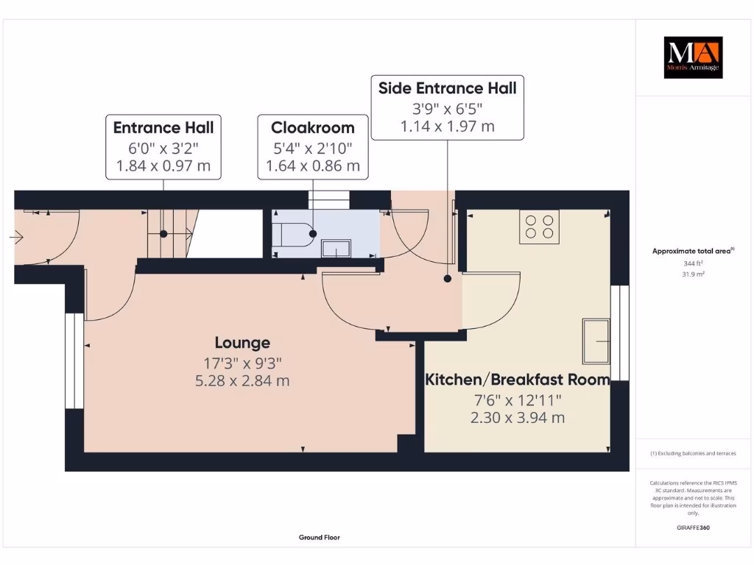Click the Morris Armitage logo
click(x=694, y=57)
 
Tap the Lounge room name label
click(x=242, y=343)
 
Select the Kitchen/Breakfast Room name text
click(x=517, y=380)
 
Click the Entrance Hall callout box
click(x=163, y=146)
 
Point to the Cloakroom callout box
click(x=312, y=146)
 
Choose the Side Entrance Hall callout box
click(x=447, y=107)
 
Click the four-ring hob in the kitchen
click(x=539, y=227)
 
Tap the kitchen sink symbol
click(x=596, y=341)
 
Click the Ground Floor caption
click(x=319, y=538)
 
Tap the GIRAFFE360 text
click(x=693, y=527)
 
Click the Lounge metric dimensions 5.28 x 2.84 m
click(x=242, y=380)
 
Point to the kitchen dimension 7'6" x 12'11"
click(x=517, y=399)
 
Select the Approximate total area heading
click(x=693, y=251)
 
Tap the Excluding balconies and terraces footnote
click(x=693, y=454)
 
